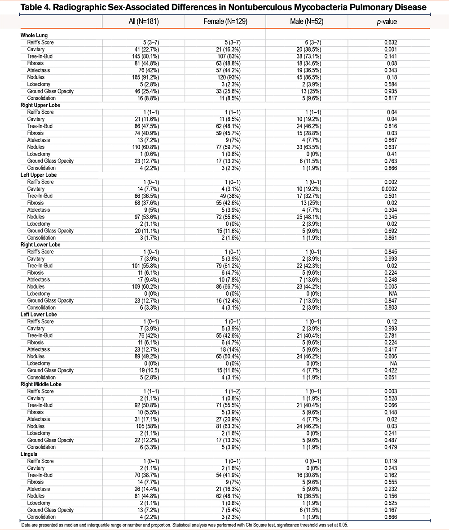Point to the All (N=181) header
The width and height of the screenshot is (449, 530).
(x=143, y=21)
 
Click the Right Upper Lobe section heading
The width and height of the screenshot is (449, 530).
(x=40, y=105)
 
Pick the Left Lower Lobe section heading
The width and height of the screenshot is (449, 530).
(x=39, y=315)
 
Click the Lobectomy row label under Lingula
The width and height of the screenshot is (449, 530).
(x=38, y=503)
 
